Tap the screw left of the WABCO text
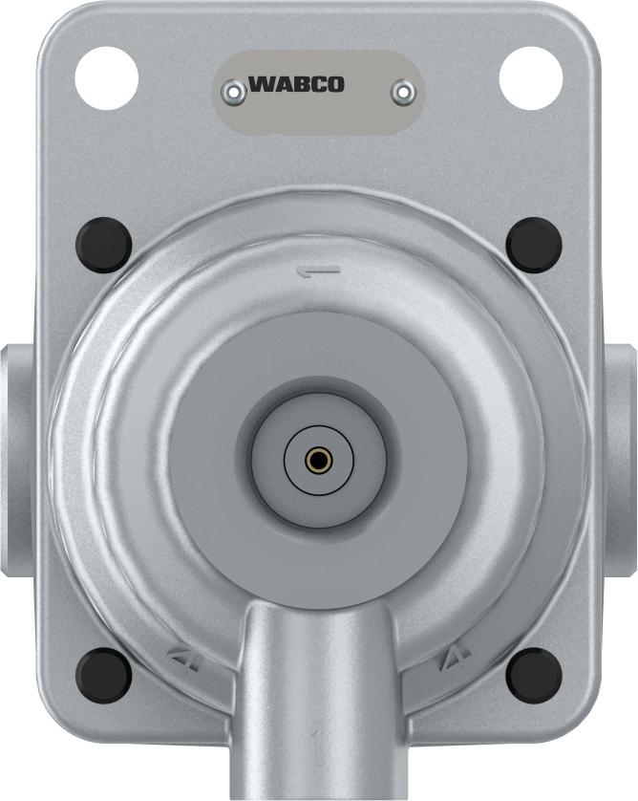(x=232, y=91)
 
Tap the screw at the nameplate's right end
(x=404, y=91)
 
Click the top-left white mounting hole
(x=107, y=76)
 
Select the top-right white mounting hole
(x=530, y=76)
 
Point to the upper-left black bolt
(x=104, y=245)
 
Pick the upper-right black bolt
(x=534, y=245)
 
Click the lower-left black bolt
(x=104, y=675)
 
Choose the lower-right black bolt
(x=534, y=675)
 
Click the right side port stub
(x=622, y=459)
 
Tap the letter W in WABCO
(x=260, y=84)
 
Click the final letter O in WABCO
(x=335, y=84)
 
